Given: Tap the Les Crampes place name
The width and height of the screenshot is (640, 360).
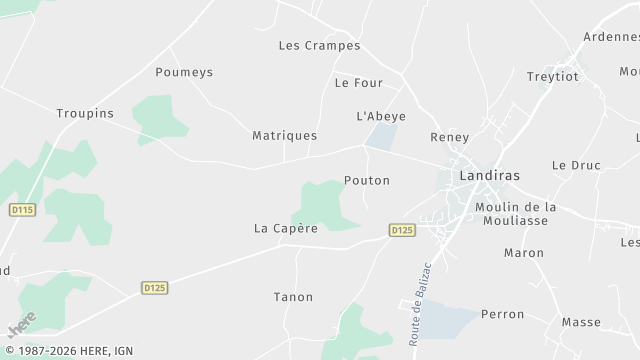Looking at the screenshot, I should pos(319,46).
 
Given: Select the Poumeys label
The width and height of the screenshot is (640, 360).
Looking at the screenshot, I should pos(184,72).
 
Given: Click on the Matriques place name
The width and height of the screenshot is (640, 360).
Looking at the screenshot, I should pos(285,135).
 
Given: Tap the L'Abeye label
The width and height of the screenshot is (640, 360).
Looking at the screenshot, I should pos(381,116).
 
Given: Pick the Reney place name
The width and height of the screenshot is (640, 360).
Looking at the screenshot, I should pos(449,137).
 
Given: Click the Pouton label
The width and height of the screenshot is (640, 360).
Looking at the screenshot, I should pos(366,181).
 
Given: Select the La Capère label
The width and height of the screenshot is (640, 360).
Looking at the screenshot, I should pos(286,228).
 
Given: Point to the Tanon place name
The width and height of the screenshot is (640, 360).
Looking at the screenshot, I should pos(293,297).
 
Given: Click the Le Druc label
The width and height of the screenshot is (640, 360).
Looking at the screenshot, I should pos(575,165).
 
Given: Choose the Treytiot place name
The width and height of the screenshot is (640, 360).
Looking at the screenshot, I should pos(551,77).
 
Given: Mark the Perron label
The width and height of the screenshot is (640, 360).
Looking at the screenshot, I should pos(502,314).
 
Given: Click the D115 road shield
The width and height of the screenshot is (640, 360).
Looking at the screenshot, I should pos(22,210).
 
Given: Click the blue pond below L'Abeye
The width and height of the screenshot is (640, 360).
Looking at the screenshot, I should pos(380,137).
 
